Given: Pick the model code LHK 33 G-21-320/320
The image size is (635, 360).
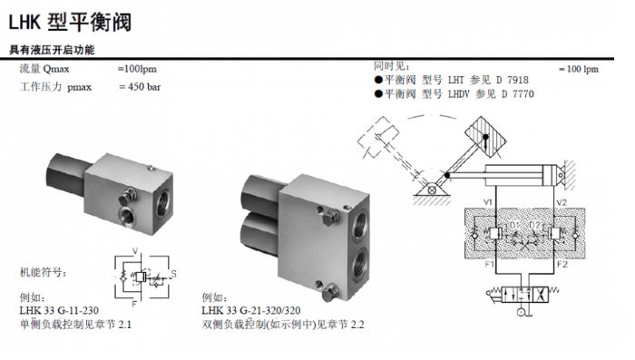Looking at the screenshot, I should (x=252, y=310).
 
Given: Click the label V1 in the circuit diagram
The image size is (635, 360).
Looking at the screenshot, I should (x=488, y=199).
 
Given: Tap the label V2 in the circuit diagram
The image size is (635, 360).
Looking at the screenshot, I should (x=562, y=199).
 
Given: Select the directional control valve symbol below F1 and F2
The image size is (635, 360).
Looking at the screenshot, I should (x=524, y=295).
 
